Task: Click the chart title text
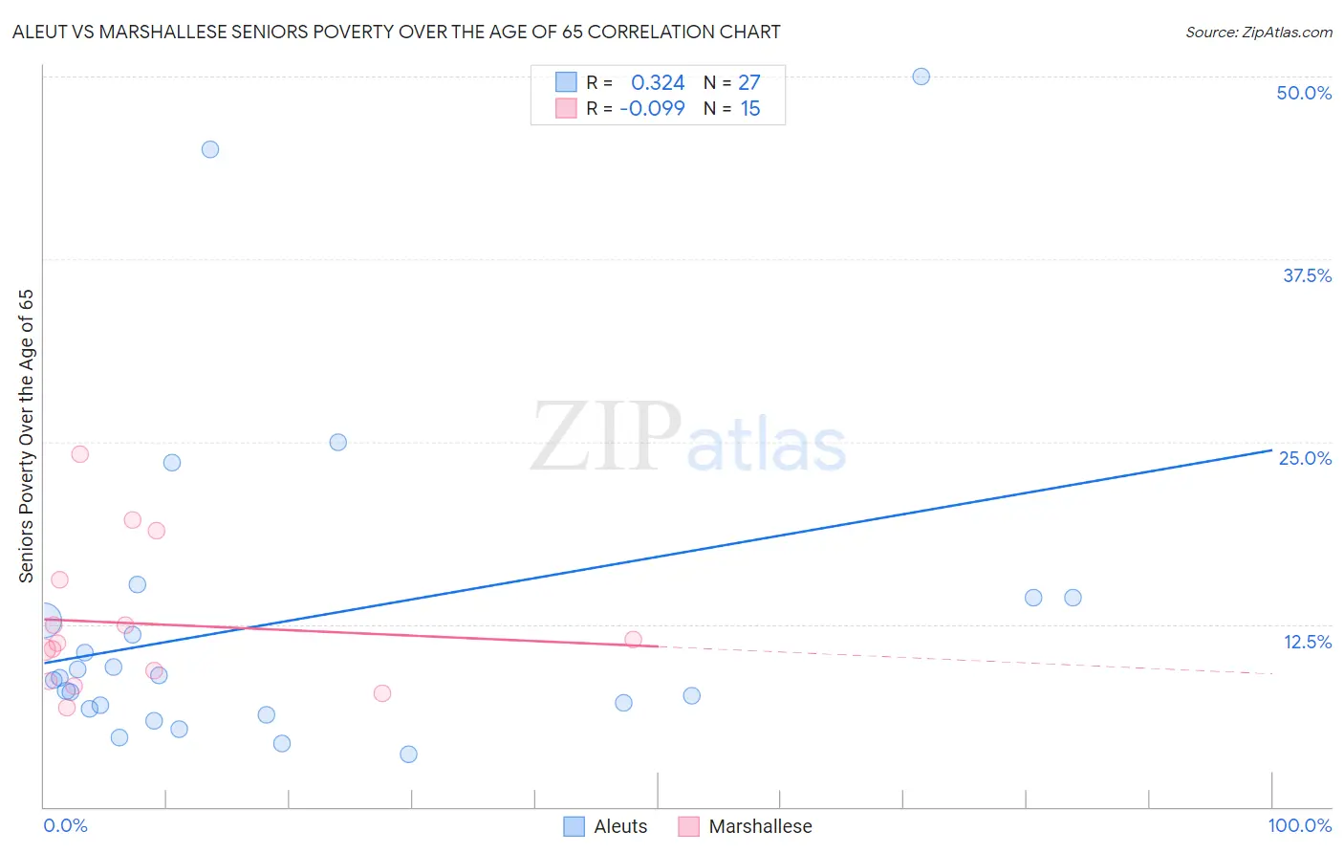coord(397,32)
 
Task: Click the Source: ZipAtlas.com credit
coord(1258,32)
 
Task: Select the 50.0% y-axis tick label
coord(1304,93)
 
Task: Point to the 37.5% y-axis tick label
coord(1307,275)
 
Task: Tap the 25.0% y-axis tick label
coord(1305,458)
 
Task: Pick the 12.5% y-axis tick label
coord(1307,642)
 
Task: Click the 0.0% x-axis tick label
coord(65,825)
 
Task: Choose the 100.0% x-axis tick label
coord(1299,825)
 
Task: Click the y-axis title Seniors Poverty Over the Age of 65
coord(27,436)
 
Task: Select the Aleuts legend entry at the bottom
coord(606,826)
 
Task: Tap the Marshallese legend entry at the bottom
coord(746,826)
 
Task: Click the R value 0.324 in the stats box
coord(658,83)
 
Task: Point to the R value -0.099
coord(652,109)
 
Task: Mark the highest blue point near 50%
coord(921,77)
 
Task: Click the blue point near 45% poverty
coord(210,149)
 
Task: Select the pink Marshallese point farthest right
coord(633,640)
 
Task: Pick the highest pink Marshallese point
coord(80,454)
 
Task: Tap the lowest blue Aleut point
coord(408,755)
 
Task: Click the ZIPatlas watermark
coord(688,437)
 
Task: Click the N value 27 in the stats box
coord(749,83)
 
